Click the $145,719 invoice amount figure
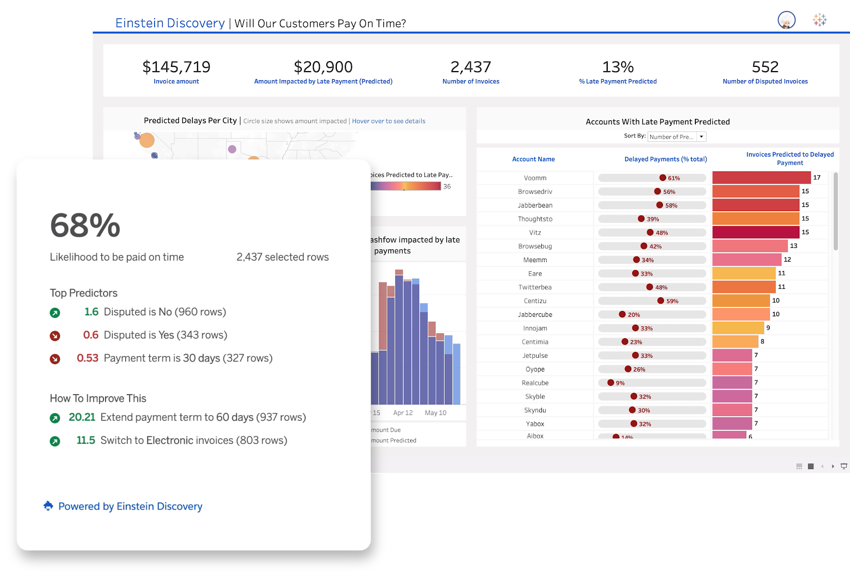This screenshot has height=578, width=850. [176, 67]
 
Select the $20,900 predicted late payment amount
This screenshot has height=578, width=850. [323, 67]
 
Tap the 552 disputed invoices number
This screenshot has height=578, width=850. [765, 67]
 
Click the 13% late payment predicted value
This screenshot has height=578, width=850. [618, 67]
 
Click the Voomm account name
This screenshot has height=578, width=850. [535, 178]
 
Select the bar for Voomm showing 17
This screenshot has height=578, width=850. [761, 177]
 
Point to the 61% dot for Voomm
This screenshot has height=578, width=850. [662, 178]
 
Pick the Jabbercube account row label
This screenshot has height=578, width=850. [535, 315]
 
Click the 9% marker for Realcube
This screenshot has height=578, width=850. [610, 383]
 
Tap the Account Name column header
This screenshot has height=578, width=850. [533, 159]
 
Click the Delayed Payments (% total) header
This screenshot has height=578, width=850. [666, 159]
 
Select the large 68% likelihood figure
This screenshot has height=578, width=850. [86, 226]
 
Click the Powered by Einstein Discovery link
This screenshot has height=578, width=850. [130, 506]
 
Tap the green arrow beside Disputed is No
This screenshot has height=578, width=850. [55, 313]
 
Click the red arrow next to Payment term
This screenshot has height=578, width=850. [55, 359]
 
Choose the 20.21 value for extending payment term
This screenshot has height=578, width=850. [82, 417]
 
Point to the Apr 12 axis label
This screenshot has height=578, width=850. [403, 413]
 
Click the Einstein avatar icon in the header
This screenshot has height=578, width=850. [786, 20]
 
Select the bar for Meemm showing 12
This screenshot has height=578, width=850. [746, 260]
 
